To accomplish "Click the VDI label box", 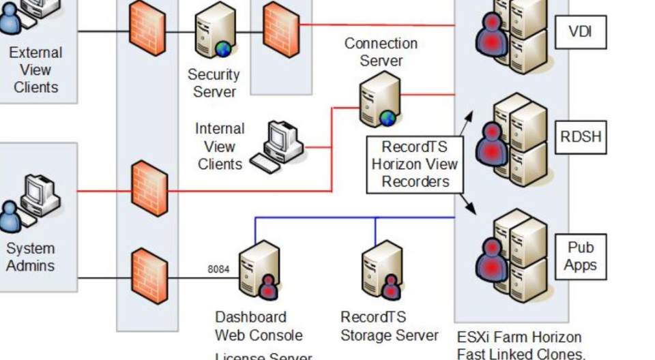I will (580, 31).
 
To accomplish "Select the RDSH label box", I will (581, 137).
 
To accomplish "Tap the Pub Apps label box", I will (580, 256).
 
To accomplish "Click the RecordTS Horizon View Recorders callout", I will (415, 164).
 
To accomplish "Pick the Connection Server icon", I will (380, 100).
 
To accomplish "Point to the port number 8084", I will (218, 269).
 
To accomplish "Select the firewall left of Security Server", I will (147, 29).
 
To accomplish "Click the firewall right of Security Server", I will (281, 29).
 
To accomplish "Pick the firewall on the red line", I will (149, 188).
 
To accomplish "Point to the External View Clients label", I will (35, 70).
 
